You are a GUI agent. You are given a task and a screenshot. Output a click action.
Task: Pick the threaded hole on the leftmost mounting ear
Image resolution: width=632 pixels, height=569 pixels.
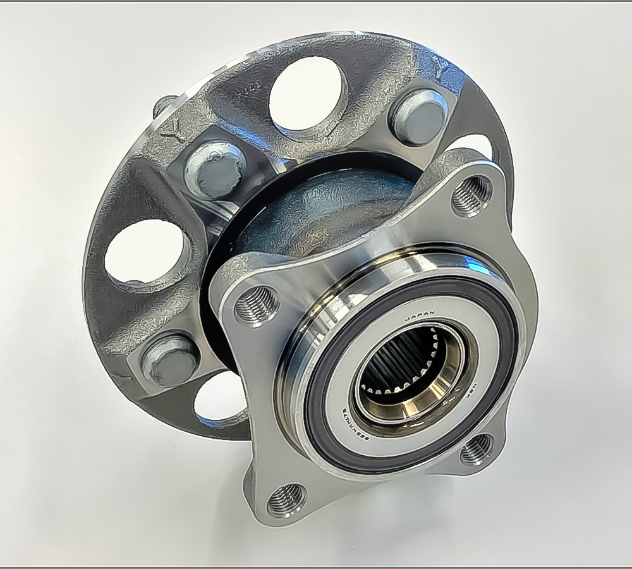point(256,305)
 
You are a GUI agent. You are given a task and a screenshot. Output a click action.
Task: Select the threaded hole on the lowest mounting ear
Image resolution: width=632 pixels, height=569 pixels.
point(286,500)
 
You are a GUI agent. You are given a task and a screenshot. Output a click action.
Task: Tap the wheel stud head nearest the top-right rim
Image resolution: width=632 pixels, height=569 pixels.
point(418,117)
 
